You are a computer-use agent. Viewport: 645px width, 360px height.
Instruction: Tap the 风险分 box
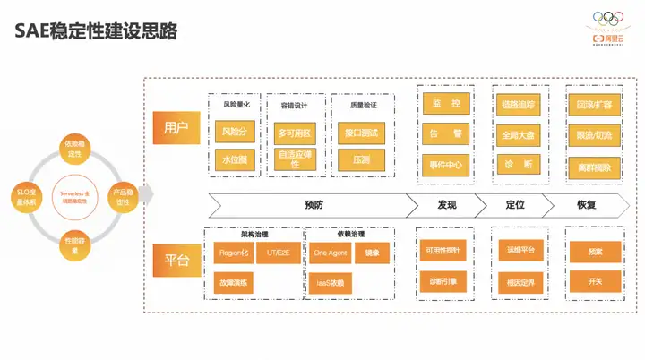pos(234,132)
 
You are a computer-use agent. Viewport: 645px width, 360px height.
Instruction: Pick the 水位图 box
pos(234,159)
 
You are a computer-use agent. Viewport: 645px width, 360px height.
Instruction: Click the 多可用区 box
pos(293,133)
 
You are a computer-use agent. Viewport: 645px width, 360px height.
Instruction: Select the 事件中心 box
pos(445,165)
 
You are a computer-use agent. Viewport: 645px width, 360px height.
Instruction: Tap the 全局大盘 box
pos(519,135)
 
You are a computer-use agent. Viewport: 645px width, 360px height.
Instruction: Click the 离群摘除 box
pos(593,166)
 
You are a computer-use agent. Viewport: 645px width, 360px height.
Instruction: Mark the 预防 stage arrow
pos(313,204)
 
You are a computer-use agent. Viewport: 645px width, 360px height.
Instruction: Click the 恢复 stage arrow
pos(588,204)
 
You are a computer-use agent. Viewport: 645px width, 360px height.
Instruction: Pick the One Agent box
pos(331,253)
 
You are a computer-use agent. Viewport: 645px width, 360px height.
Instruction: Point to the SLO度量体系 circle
pos(28,195)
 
